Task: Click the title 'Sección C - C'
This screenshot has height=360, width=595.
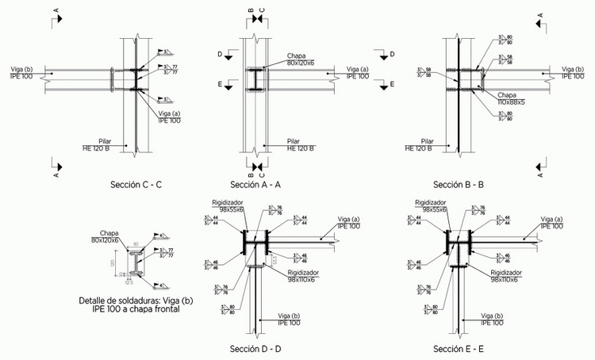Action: click(x=136, y=185)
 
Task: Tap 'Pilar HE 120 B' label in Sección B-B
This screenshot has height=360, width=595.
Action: click(x=418, y=144)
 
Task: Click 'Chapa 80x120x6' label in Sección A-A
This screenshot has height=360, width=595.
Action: click(x=301, y=59)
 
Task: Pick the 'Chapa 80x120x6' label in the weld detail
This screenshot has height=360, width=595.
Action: click(x=105, y=236)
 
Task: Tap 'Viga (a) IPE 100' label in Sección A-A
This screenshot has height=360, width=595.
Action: click(x=358, y=74)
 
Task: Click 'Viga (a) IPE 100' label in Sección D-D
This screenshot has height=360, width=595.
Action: click(x=348, y=223)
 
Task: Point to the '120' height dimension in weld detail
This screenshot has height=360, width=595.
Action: click(x=113, y=262)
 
